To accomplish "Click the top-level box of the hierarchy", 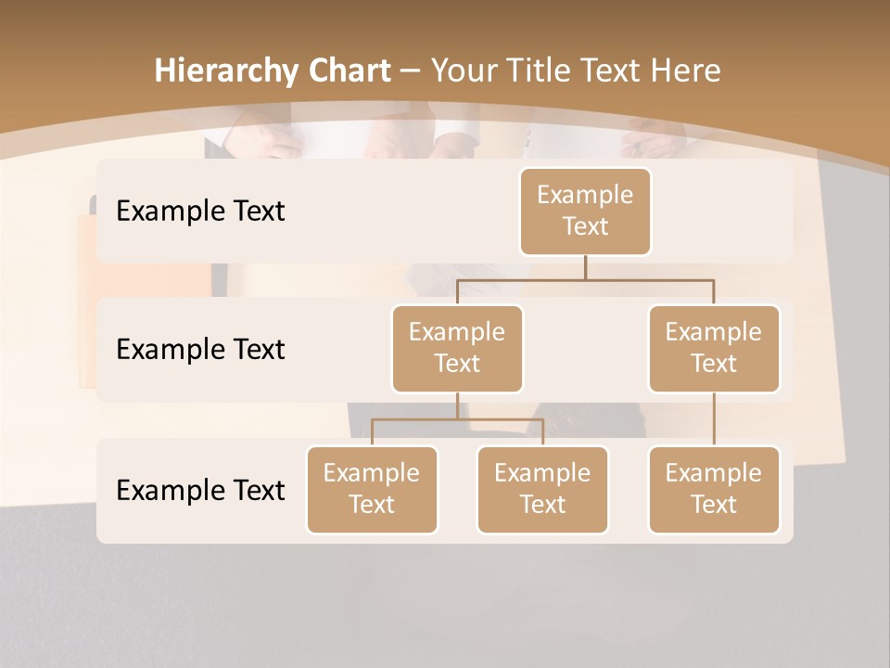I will click(585, 211).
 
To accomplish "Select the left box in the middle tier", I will click(457, 348).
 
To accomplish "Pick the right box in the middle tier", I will click(714, 348).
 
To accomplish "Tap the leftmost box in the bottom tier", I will click(372, 489).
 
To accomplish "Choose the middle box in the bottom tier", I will click(542, 489).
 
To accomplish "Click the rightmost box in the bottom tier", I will click(714, 489).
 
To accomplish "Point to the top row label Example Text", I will click(200, 211).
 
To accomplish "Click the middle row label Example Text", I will click(200, 349).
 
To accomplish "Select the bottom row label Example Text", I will click(200, 490).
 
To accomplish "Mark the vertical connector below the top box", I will click(585, 267).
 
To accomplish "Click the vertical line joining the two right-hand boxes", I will click(714, 419).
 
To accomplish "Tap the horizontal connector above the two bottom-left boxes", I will click(457, 419).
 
